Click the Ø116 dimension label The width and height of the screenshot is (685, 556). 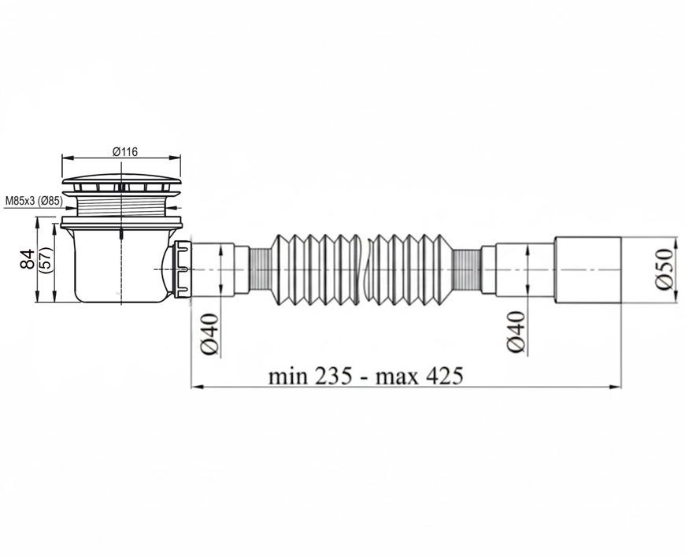(x=125, y=152)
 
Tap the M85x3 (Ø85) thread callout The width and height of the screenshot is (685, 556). (x=34, y=201)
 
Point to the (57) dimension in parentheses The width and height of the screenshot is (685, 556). (x=46, y=260)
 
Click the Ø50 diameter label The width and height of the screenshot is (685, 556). (x=664, y=269)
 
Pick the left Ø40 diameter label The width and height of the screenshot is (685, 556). (x=209, y=335)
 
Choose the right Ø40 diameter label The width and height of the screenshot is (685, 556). (x=516, y=332)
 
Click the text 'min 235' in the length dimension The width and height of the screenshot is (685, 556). (x=309, y=376)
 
